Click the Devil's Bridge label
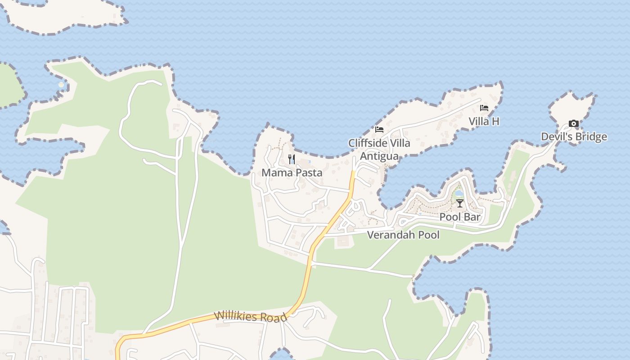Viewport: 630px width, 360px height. click(x=574, y=137)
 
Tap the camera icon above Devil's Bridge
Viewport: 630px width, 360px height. click(x=573, y=123)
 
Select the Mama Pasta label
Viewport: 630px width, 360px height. click(x=292, y=173)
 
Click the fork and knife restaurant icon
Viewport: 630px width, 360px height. click(x=292, y=159)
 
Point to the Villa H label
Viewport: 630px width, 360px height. click(x=484, y=121)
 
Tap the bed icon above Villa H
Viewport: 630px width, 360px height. click(x=484, y=108)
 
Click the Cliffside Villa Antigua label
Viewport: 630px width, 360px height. click(x=379, y=149)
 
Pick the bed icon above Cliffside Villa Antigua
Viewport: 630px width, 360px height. click(x=379, y=130)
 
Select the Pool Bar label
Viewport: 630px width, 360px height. click(x=460, y=217)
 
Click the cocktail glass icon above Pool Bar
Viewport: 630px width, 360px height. click(x=459, y=203)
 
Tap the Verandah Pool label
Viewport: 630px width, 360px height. click(x=403, y=235)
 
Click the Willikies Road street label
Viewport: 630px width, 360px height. click(x=250, y=316)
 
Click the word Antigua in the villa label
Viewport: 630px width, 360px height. click(x=379, y=156)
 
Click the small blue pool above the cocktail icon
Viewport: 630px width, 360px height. click(x=459, y=193)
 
